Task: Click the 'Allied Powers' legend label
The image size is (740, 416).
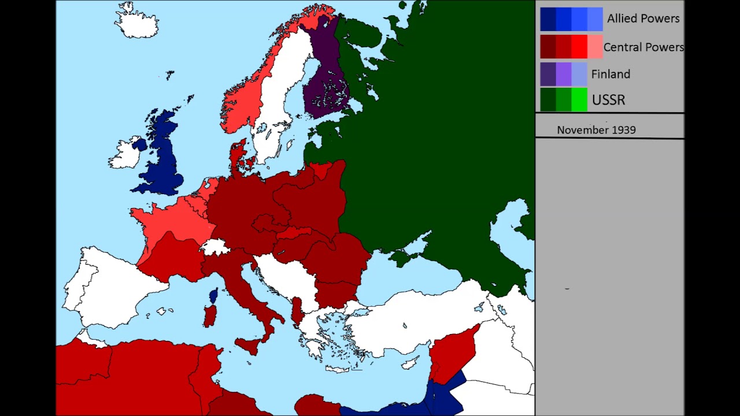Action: click(643, 18)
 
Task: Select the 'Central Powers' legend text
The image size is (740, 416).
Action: click(643, 47)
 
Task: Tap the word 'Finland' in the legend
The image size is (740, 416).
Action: click(610, 74)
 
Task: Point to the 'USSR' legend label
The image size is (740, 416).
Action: click(608, 100)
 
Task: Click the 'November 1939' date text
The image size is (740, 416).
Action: click(596, 130)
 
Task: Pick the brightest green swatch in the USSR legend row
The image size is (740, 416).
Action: click(579, 100)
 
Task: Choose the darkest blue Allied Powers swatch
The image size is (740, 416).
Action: click(547, 19)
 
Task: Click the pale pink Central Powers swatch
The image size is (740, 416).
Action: click(595, 47)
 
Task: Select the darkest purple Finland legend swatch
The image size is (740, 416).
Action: click(547, 74)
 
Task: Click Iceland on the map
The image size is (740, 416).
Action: click(136, 22)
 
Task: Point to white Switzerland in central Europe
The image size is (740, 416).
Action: click(215, 247)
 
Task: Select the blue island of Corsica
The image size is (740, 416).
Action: click(213, 296)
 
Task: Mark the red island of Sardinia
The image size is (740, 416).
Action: click(210, 315)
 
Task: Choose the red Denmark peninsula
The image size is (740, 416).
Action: click(237, 156)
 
